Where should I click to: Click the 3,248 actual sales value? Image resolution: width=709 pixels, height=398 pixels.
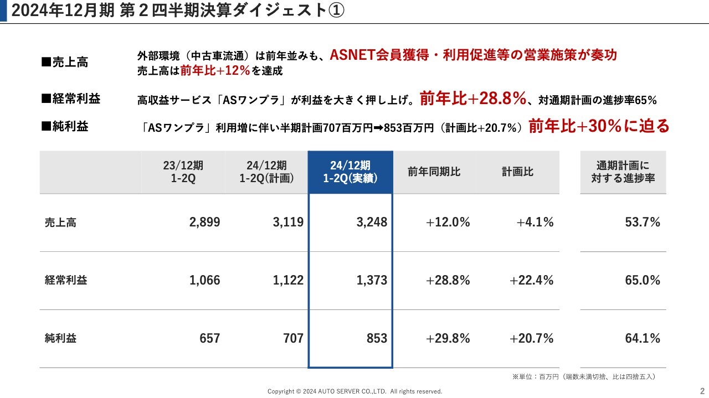(372, 223)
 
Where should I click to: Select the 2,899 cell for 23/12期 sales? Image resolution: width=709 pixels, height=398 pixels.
(204, 223)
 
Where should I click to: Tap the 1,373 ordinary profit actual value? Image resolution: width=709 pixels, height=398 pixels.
(372, 281)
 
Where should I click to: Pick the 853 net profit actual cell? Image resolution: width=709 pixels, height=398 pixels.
(377, 338)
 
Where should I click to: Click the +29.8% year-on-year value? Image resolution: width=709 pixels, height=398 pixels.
(448, 338)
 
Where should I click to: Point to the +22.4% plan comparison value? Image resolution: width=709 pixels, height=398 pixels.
(531, 281)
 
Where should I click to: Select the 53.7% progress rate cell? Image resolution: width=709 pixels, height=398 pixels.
(643, 223)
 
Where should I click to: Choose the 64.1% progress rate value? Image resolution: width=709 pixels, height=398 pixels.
(643, 338)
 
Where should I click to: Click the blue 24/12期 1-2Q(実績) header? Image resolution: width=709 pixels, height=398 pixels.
(350, 172)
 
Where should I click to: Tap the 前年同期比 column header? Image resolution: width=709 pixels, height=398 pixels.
(434, 172)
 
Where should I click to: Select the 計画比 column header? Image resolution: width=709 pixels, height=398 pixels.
(517, 172)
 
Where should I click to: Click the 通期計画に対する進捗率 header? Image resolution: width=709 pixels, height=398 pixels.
(623, 172)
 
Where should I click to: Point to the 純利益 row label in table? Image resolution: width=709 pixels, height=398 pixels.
(61, 338)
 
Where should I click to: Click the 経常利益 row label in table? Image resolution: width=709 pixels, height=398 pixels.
(66, 281)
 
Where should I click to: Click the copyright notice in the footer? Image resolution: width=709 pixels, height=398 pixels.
(354, 391)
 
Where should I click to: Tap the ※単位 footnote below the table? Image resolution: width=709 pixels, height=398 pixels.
(584, 377)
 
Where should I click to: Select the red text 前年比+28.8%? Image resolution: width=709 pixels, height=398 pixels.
(472, 99)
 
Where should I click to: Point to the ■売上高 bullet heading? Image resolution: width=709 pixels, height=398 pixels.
(65, 63)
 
